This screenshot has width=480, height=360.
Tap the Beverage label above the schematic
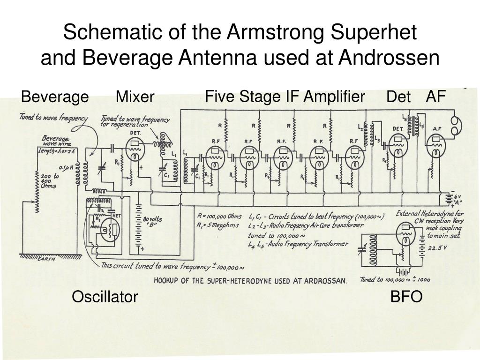pos(55,97)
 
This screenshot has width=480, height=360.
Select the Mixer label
pos(135,97)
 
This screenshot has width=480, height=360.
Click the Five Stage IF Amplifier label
pos(285,97)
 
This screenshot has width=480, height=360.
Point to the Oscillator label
pos(105,297)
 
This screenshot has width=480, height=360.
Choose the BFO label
pos(406,297)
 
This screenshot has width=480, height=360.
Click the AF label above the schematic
pos(435,97)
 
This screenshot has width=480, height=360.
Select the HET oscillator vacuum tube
pos(111,229)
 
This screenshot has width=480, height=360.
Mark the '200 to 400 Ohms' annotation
pos(49,181)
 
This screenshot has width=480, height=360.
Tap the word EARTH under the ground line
pos(46,259)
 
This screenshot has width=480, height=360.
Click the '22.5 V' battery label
pos(437,248)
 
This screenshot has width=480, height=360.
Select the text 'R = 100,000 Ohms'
pos(219,216)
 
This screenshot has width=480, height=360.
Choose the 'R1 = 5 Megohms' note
pos(219,225)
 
